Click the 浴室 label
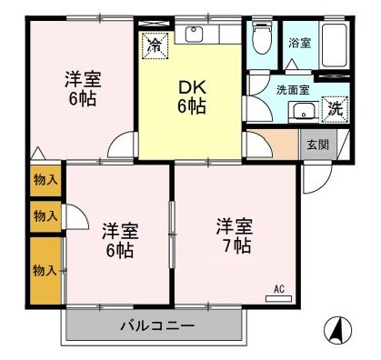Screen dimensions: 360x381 pos(298,43)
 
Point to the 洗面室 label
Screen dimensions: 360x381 pos(293,91)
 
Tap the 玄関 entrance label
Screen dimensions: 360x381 pos(317,144)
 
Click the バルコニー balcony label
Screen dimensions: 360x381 pos(156,325)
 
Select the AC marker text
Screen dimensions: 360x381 pos(279,289)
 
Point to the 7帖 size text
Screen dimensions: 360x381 pos(235,245)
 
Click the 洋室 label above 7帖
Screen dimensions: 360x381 pos(234,225)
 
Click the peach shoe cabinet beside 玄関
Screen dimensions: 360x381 pos(286,143)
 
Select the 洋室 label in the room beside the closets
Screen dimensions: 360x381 pos(118,230)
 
